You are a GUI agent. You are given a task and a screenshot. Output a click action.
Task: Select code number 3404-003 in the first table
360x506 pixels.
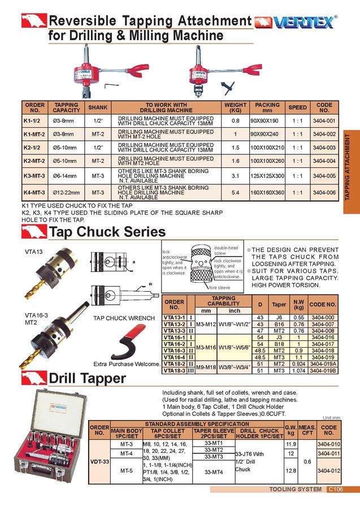[324, 148]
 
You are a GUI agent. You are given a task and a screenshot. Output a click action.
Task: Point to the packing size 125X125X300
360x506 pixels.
[267, 176]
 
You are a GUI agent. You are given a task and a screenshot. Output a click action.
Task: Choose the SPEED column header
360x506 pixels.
[297, 107]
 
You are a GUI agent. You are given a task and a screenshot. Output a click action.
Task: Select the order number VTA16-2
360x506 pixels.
[174, 343]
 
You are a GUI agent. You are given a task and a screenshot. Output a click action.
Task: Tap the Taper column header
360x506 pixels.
[279, 304]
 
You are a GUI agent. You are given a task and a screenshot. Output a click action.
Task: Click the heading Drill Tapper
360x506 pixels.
[87, 378]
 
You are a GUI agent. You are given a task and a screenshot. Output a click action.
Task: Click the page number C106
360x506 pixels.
[336, 489]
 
